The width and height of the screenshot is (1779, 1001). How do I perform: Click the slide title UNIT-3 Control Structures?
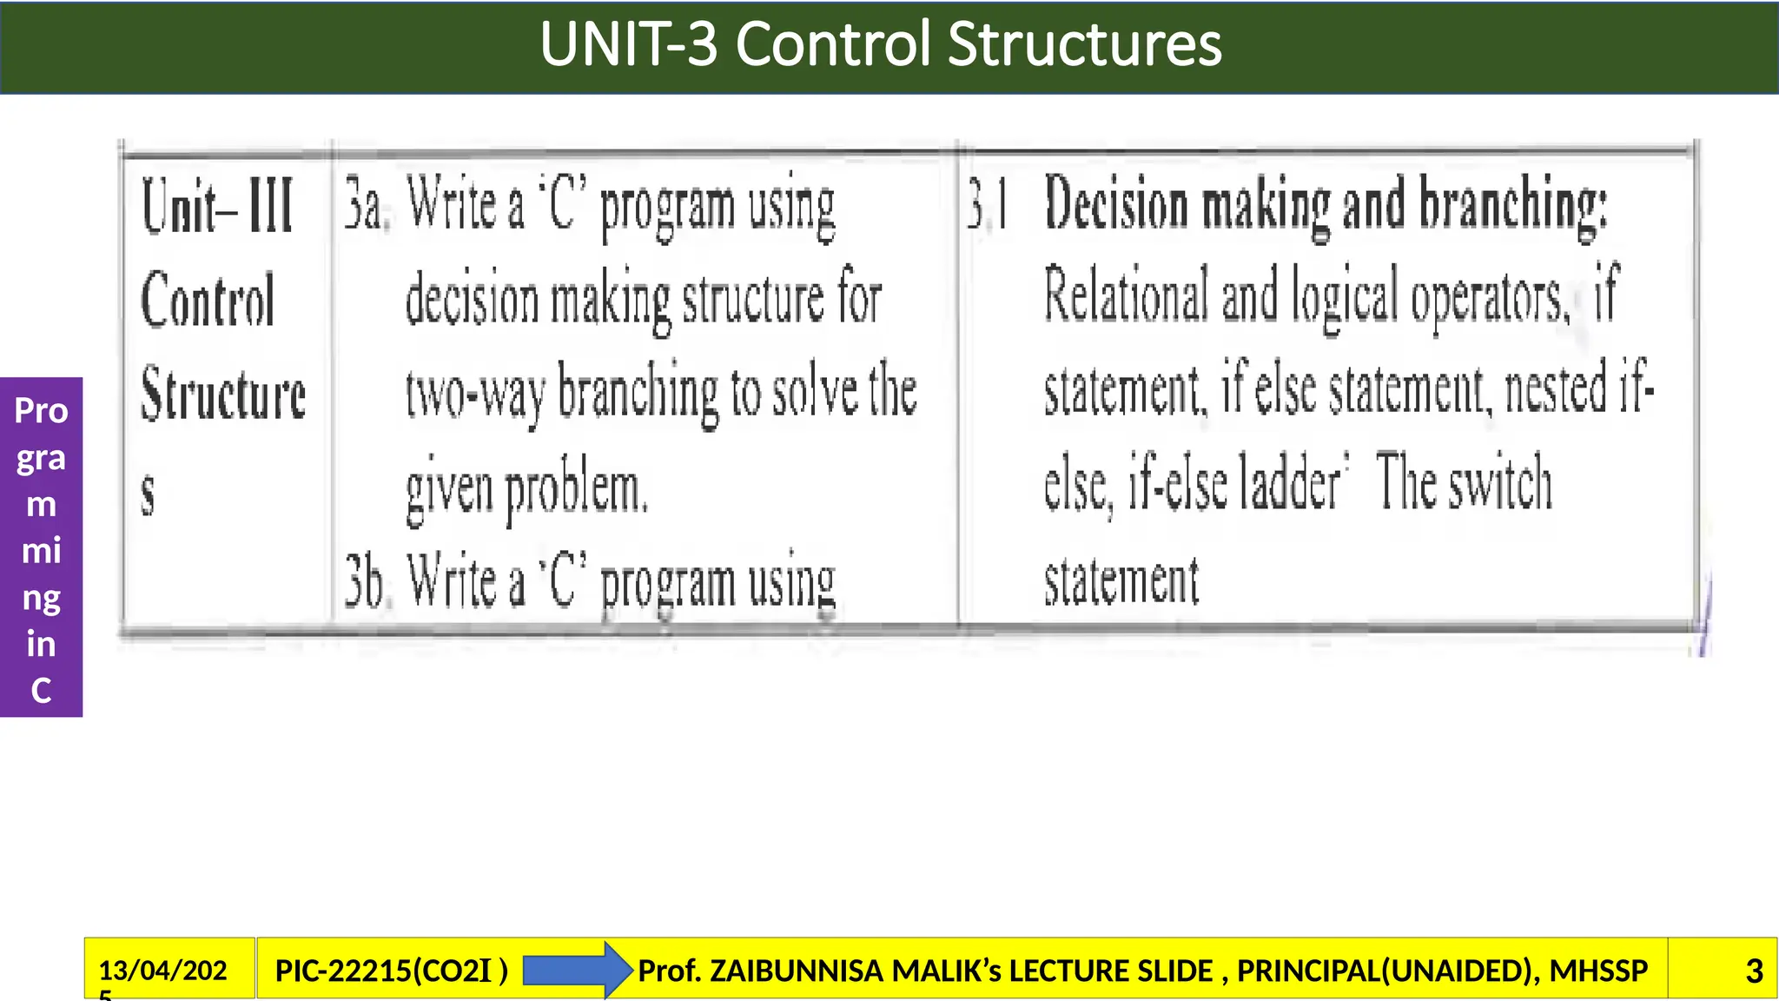880,44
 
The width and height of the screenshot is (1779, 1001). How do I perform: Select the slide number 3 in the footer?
1754,971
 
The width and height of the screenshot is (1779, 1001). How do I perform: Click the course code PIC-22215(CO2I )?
391,970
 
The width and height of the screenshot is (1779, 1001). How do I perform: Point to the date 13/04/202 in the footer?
162,970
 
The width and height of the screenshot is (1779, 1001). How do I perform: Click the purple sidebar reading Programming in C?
41,547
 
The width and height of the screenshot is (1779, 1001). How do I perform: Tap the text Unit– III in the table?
217,207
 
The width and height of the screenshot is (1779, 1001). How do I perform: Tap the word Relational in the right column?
1126,295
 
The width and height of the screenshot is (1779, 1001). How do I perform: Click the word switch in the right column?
1500,483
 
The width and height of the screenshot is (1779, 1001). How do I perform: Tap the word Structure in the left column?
223,394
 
